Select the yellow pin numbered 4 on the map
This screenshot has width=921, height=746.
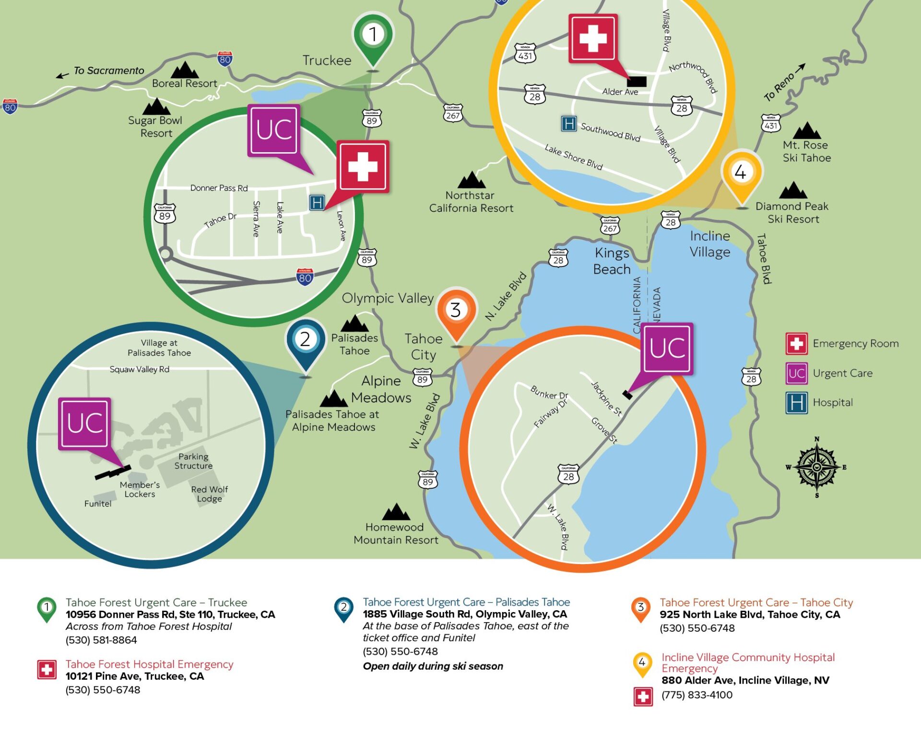tap(742, 172)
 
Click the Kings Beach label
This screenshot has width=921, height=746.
tap(612, 261)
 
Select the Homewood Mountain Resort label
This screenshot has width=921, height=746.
tap(396, 533)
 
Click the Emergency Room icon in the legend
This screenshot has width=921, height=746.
tap(796, 344)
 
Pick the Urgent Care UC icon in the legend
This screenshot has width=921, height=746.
tap(796, 373)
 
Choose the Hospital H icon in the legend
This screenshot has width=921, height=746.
tap(796, 403)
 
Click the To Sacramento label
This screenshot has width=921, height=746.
tap(108, 71)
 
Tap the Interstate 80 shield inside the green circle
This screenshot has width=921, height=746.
tap(305, 277)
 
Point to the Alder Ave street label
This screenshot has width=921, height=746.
tap(620, 92)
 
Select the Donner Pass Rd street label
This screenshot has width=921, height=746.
tap(219, 188)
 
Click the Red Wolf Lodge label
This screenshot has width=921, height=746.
tap(209, 494)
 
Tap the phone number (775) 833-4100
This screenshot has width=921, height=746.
tap(697, 695)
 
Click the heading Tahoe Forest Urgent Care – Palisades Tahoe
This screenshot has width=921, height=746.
tap(466, 602)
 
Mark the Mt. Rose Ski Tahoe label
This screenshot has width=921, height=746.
tap(806, 151)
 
